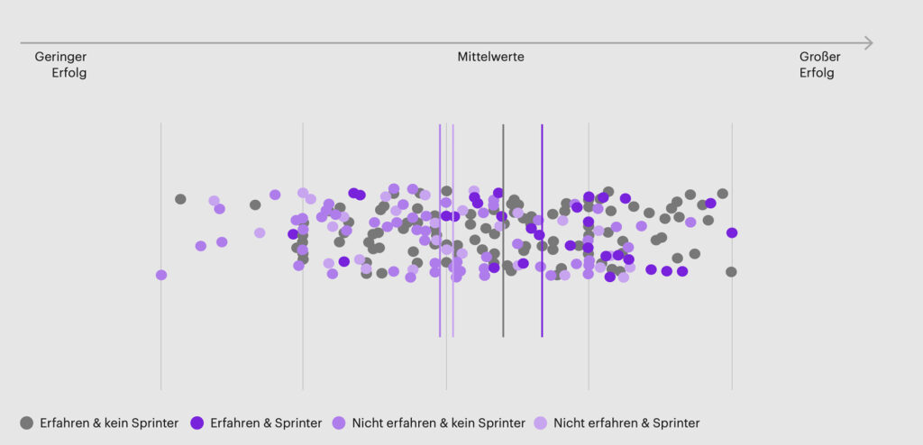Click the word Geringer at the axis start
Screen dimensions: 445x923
[60, 57]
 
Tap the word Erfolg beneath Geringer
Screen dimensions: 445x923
[69, 73]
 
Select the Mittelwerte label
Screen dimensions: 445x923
[490, 57]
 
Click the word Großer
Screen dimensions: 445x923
[820, 57]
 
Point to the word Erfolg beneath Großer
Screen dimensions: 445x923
[817, 73]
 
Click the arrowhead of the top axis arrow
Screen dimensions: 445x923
[869, 42]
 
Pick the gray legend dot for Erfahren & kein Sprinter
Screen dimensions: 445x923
[27, 422]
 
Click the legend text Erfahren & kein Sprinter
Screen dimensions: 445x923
[109, 422]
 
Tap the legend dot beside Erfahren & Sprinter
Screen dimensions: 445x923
[197, 422]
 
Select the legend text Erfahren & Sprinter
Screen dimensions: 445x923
[265, 422]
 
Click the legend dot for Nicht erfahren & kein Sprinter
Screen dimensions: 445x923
[340, 422]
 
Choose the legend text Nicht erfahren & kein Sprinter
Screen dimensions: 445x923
[439, 422]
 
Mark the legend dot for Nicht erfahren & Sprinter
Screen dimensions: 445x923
[541, 422]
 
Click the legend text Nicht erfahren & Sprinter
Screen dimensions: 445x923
[626, 422]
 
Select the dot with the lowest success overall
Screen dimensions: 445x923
[161, 275]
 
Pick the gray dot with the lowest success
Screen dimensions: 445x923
[180, 199]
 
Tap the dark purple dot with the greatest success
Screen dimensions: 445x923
[732, 232]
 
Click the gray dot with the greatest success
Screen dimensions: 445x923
[731, 271]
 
